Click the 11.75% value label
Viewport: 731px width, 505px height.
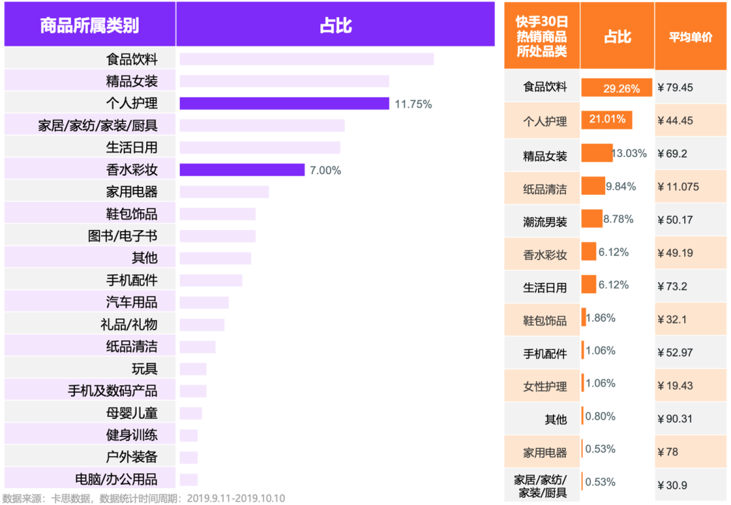click(x=413, y=104)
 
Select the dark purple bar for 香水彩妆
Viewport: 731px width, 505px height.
click(x=242, y=169)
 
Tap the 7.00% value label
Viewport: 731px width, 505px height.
click(x=326, y=171)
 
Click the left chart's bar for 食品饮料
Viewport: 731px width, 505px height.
click(x=307, y=60)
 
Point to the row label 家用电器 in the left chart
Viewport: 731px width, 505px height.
click(x=131, y=192)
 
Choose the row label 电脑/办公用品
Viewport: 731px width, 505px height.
click(x=116, y=479)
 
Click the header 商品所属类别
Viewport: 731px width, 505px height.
click(x=89, y=26)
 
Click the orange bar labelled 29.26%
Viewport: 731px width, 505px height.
click(x=616, y=88)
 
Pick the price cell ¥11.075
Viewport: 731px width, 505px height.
click(x=678, y=187)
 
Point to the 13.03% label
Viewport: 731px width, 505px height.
click(x=629, y=154)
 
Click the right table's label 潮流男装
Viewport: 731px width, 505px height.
click(x=545, y=221)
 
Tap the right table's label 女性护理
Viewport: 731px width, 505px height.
click(x=545, y=387)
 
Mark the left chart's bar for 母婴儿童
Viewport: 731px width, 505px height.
click(x=191, y=413)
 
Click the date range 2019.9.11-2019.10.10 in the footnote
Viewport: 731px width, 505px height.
click(x=236, y=499)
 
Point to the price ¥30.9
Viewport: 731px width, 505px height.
click(x=673, y=485)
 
